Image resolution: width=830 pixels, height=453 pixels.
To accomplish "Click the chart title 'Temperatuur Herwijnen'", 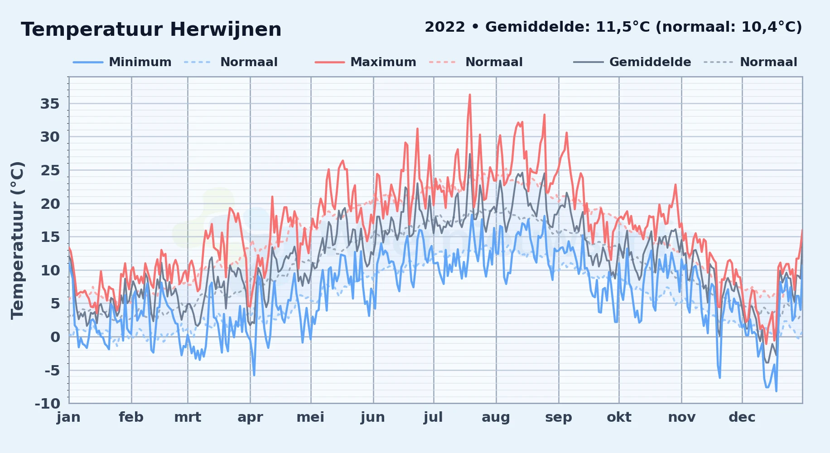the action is (151, 29).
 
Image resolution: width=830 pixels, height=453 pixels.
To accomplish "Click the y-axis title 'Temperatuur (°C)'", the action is (17, 241).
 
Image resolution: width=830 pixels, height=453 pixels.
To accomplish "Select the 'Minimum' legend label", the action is (140, 62).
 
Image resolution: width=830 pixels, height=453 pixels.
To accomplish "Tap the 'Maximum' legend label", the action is (383, 62).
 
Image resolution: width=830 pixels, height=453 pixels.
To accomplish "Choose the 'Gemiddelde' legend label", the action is (650, 62).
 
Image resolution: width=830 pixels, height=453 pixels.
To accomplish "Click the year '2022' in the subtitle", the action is (445, 27).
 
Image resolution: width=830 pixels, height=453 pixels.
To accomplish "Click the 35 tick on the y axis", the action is (50, 104).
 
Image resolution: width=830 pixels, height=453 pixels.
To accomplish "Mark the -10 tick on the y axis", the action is (48, 403).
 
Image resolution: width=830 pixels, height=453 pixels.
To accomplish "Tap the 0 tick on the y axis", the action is (55, 337).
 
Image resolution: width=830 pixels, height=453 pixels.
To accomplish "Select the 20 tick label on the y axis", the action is (50, 204).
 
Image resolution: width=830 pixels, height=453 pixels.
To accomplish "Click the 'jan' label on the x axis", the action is (69, 417).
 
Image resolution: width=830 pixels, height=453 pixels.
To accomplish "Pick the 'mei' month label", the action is (310, 417).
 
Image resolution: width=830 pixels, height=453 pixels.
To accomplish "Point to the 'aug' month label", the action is (496, 417).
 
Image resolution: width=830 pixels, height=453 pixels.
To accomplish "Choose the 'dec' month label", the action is (742, 417).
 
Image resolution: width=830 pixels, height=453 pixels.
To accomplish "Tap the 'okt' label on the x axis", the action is (619, 417).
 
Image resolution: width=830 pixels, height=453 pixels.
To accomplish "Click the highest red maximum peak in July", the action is (470, 95).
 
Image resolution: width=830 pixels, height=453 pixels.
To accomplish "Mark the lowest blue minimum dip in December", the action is (776, 391).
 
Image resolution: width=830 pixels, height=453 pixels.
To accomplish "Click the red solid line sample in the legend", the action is (329, 62).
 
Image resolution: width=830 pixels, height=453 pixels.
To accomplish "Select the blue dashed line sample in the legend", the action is (198, 62).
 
